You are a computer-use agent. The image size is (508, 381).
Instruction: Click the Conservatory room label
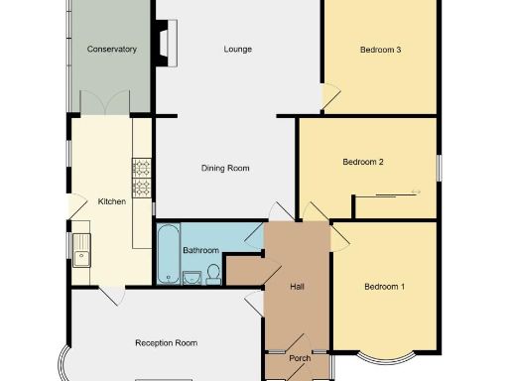111,49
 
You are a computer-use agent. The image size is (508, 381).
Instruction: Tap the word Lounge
238,49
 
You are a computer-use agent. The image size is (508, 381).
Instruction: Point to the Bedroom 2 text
363,162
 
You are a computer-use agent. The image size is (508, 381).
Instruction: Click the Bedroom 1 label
384,287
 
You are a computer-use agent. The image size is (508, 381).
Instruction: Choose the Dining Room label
225,169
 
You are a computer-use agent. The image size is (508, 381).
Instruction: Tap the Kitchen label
111,201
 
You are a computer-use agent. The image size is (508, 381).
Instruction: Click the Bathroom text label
199,250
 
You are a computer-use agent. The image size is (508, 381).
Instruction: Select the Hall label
297,286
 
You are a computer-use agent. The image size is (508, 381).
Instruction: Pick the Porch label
297,357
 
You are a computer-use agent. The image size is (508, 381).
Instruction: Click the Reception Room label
166,343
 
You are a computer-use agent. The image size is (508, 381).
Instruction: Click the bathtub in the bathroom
167,253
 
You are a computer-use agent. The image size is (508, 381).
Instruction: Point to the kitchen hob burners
141,175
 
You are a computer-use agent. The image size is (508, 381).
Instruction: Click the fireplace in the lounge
164,41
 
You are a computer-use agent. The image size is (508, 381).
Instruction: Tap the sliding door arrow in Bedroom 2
415,191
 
